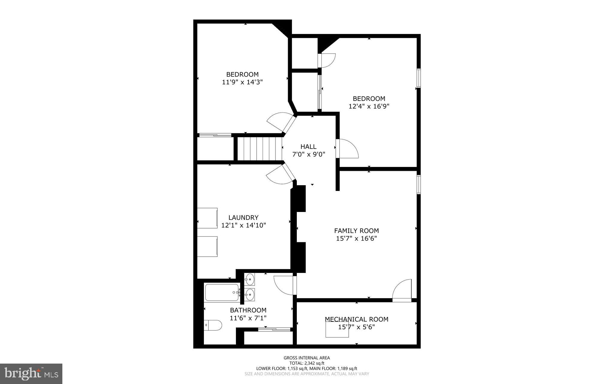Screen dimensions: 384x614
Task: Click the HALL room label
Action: [x=308, y=147]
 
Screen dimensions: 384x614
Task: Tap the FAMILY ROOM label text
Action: [x=356, y=231]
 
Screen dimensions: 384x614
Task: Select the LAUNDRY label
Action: [x=243, y=217]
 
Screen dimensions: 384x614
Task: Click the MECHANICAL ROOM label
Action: [x=356, y=319]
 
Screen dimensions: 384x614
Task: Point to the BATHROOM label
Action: [x=248, y=310]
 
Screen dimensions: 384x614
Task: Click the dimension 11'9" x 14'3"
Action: [x=242, y=82]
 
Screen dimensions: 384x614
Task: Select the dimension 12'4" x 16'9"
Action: [x=369, y=106]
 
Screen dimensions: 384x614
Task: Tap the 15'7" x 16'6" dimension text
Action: [x=356, y=238]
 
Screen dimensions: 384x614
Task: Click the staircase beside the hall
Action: [x=260, y=149]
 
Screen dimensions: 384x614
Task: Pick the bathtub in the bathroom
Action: [x=222, y=292]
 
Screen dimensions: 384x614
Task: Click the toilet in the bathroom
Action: [x=213, y=325]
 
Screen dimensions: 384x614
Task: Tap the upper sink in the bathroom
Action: [x=250, y=279]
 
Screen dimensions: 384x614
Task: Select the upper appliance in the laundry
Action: [x=207, y=218]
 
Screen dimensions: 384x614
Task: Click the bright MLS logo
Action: [x=31, y=373]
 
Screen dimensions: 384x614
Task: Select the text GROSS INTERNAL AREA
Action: [x=307, y=358]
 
